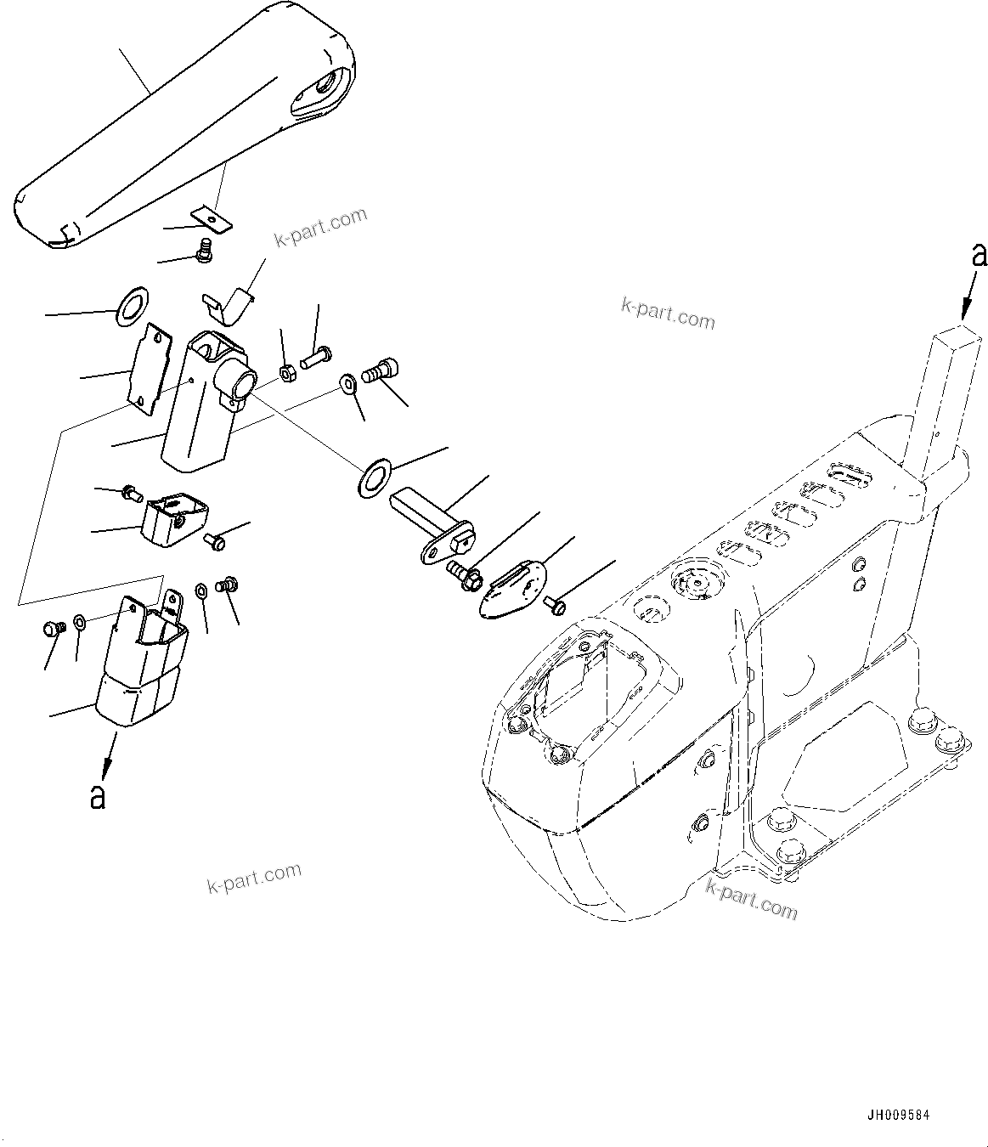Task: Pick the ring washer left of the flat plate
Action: click(130, 305)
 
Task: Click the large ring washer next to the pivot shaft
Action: click(374, 477)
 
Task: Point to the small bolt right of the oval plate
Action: click(556, 604)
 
